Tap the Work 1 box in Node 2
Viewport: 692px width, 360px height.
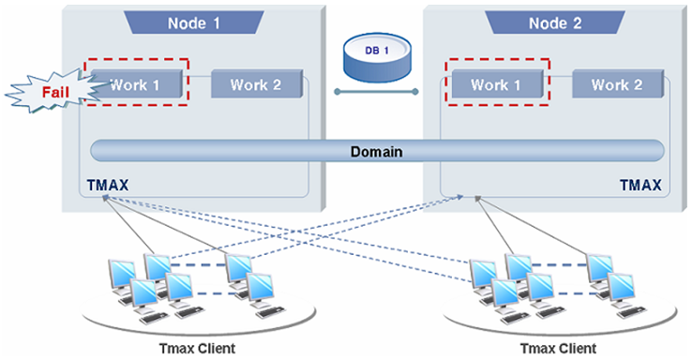coord(497,84)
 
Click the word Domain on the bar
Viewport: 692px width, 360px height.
coord(376,150)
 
